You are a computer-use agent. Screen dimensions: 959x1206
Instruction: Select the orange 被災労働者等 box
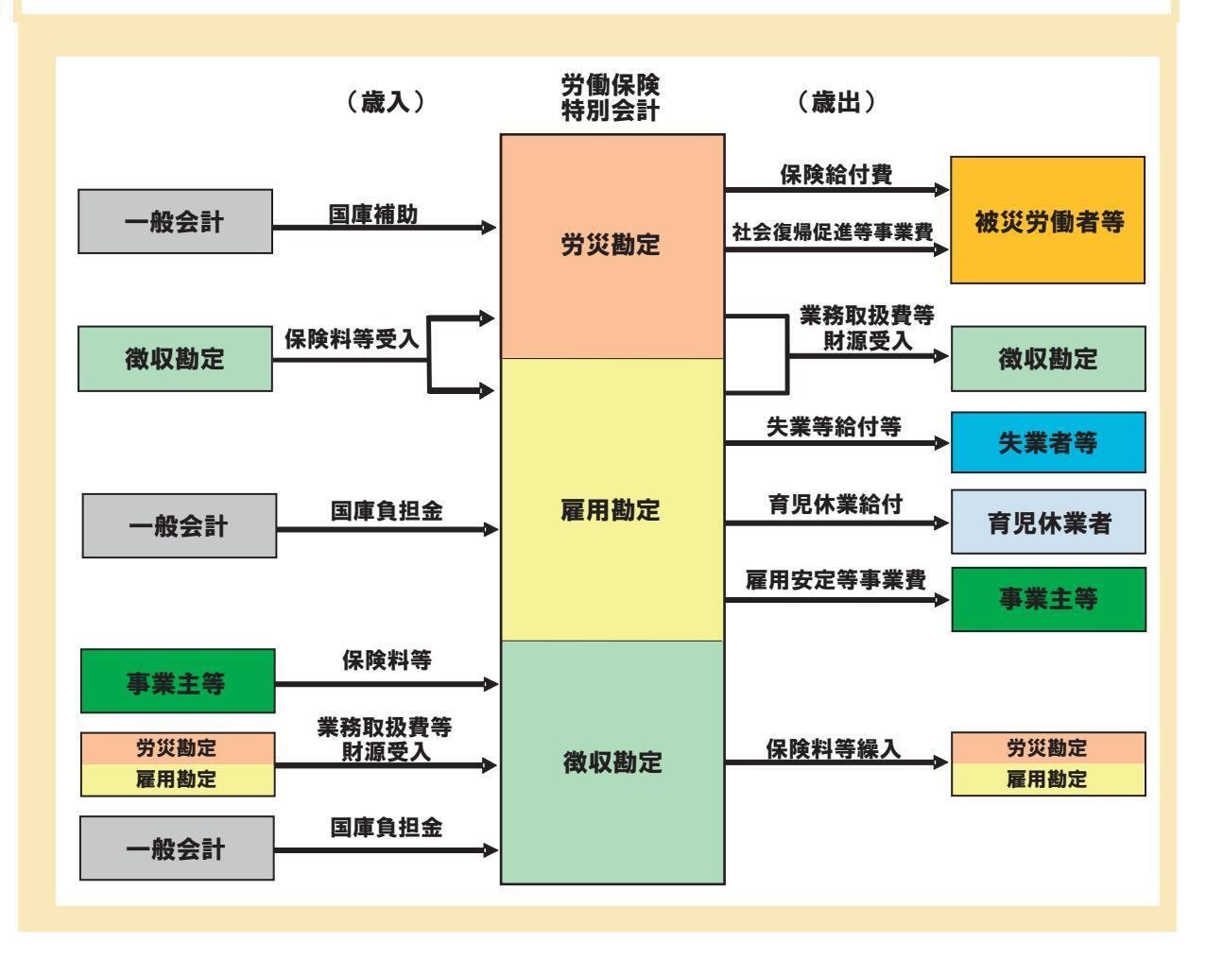[x=1047, y=220]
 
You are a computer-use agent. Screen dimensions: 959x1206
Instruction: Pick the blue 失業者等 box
[x=1047, y=442]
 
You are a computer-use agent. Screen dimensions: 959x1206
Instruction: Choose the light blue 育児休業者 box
[x=1047, y=522]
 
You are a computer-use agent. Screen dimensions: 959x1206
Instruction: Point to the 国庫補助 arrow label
[x=373, y=214]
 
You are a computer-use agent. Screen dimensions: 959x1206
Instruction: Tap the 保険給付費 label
[x=836, y=175]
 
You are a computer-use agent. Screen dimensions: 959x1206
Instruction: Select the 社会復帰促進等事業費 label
[x=833, y=232]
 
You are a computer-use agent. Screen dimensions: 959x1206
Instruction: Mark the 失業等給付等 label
[x=834, y=427]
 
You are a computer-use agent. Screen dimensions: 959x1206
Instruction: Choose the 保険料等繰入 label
[x=834, y=749]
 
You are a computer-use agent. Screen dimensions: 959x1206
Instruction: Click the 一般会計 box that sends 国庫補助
[x=175, y=222]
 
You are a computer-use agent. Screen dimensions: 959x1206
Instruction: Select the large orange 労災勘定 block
[x=612, y=246]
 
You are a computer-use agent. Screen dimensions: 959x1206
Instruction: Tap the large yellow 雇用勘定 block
[x=612, y=510]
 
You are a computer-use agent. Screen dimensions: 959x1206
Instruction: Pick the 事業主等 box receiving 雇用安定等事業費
[x=1047, y=599]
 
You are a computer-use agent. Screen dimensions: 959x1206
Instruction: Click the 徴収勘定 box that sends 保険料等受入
[x=175, y=359]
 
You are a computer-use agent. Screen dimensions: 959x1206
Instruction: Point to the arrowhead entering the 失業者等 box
[x=942, y=443]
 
